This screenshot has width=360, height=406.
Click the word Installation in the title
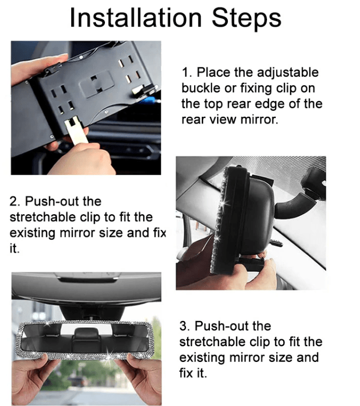click(136, 17)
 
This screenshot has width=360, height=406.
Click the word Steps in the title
click(246, 17)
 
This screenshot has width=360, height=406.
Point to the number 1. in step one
click(187, 72)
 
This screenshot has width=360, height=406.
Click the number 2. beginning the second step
click(15, 202)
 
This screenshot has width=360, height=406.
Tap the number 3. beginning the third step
click(185, 326)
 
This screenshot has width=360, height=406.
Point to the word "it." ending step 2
click(15, 248)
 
